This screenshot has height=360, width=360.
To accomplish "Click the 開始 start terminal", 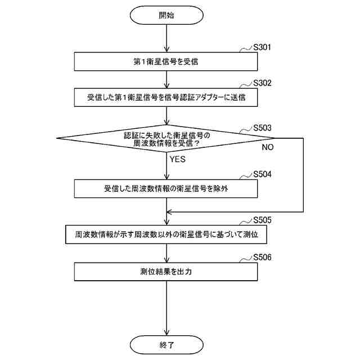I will point(166,15).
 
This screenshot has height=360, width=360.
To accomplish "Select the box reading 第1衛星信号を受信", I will point(166,62).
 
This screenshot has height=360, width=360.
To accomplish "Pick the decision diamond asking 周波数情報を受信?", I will point(166,139).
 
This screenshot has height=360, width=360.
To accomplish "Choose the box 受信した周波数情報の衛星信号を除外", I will point(166,188).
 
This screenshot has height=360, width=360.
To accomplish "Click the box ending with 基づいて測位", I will point(166,233).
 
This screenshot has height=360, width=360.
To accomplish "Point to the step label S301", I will point(262,47).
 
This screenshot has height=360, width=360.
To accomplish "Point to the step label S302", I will point(262,83).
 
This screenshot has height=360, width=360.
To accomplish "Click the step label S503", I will point(262,128).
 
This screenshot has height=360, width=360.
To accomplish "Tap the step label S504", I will point(262,174).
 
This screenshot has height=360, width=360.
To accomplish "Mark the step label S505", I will point(262,219).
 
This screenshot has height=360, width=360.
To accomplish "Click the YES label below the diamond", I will point(177,159).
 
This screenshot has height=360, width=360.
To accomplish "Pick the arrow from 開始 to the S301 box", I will point(166,38).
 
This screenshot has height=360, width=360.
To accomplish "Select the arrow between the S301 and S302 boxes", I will point(166,79).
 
